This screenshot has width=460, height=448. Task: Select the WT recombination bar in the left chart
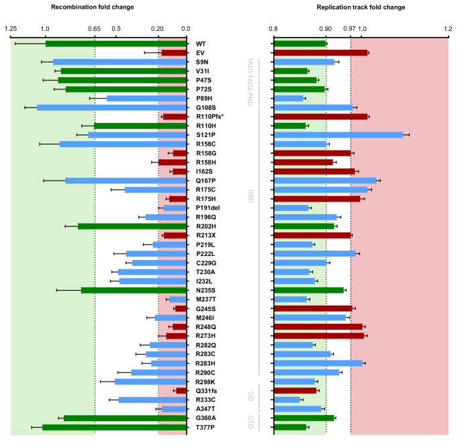(x=116, y=44)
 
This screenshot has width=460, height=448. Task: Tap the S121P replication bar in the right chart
(x=338, y=135)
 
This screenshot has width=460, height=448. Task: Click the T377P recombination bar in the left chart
(x=114, y=427)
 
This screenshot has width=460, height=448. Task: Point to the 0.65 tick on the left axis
(x=95, y=29)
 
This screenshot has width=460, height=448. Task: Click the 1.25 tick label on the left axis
(x=11, y=29)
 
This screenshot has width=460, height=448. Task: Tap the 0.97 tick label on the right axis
(x=349, y=29)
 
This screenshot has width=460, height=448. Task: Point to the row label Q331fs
(x=207, y=390)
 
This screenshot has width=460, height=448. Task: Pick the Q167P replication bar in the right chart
(x=326, y=181)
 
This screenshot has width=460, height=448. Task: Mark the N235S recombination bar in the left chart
(x=134, y=290)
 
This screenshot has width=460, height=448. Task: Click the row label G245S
(x=206, y=308)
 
